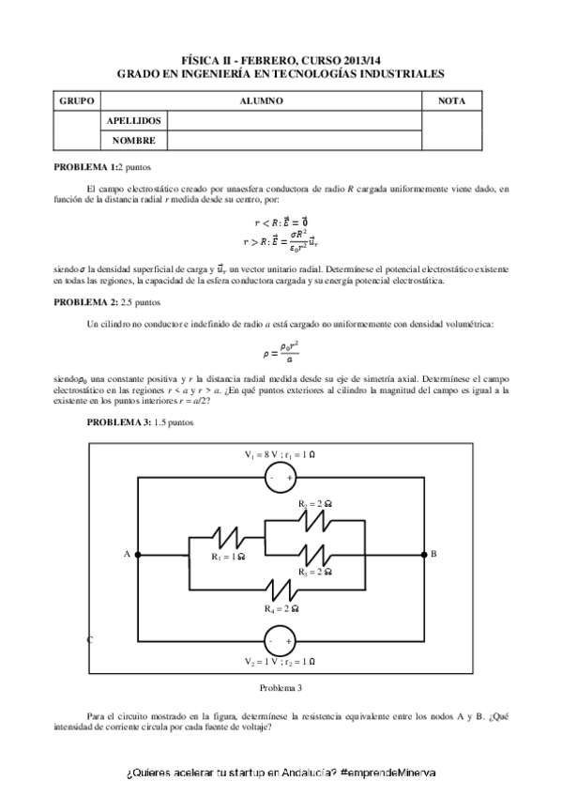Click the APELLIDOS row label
pyautogui.click(x=135, y=120)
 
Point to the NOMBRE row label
pyautogui.click(x=133, y=140)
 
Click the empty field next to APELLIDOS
pyautogui.click(x=294, y=120)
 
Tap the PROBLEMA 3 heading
pyautogui.click(x=119, y=422)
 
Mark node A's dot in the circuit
pyautogui.click(x=139, y=555)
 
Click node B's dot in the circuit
pyautogui.click(x=424, y=555)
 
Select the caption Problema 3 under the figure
pyautogui.click(x=281, y=688)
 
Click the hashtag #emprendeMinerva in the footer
pyautogui.click(x=388, y=772)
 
